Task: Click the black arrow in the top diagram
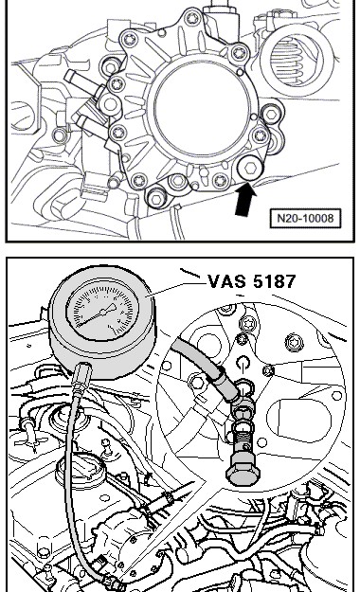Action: click(245, 200)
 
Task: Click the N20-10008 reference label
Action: click(305, 218)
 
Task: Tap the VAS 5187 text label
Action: click(252, 281)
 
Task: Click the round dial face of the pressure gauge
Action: click(102, 312)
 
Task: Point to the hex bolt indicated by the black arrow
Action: click(250, 169)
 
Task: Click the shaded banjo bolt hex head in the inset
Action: click(244, 474)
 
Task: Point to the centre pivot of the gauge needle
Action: click(103, 312)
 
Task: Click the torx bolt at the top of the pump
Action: click(192, 17)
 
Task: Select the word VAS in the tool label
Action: click(226, 281)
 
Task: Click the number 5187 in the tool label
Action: click(275, 281)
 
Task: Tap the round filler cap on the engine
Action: click(81, 470)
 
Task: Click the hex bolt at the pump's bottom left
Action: click(156, 197)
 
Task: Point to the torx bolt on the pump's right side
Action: click(260, 135)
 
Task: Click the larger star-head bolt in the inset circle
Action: click(295, 343)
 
